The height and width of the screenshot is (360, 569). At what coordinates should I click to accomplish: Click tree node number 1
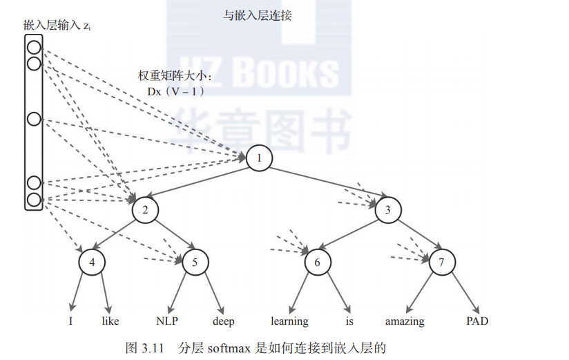coord(259,158)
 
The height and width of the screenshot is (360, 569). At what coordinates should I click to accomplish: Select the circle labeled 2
coord(145,209)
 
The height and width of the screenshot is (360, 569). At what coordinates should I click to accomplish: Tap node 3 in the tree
coord(388,209)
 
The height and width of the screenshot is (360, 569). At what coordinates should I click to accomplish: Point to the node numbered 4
coord(93,262)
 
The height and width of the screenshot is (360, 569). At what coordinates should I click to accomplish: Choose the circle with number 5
coord(195,262)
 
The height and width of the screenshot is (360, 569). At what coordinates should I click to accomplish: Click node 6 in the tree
coord(318,262)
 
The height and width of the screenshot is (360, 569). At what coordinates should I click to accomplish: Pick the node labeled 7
coord(442,262)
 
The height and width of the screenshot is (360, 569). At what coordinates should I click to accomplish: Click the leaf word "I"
coord(70,321)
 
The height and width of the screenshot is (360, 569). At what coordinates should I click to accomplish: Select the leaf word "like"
coord(110,321)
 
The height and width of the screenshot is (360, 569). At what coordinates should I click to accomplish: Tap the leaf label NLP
coord(168,321)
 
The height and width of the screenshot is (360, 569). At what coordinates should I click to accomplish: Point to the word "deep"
coord(223,321)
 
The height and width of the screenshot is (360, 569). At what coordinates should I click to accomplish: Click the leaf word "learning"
coord(289,321)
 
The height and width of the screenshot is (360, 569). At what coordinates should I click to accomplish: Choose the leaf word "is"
coord(349,321)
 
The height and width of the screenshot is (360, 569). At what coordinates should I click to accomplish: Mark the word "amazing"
coord(405,321)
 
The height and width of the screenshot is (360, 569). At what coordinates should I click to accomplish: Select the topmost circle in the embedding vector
coord(34,48)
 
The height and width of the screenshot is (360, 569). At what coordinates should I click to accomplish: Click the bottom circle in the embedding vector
coord(34,200)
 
